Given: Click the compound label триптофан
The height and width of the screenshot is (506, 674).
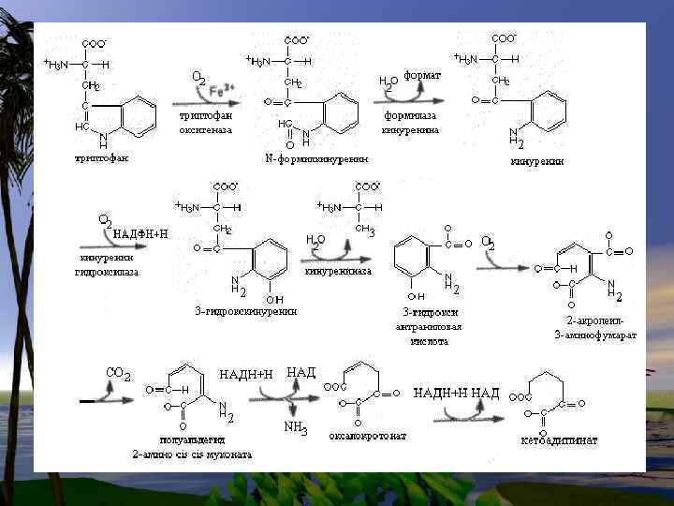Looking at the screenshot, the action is click(102, 157).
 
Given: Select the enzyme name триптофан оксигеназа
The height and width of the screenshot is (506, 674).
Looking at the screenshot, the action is click(205, 123).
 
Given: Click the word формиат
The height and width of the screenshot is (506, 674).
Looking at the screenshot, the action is click(422, 74).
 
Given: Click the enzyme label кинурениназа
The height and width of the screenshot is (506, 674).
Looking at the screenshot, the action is click(338, 271).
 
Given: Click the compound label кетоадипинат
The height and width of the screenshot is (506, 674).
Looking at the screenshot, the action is click(559, 439).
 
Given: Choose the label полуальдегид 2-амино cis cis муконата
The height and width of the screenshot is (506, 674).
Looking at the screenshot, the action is click(191, 447).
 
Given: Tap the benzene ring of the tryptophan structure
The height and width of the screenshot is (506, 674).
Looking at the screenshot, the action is click(139, 118).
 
